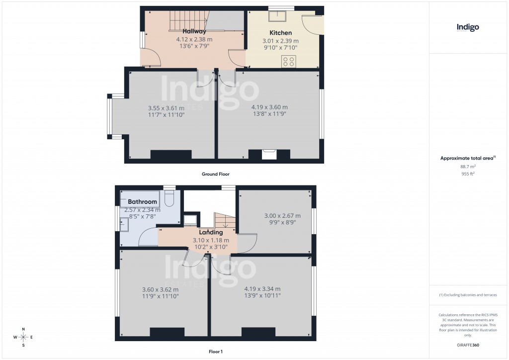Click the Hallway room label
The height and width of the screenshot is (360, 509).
pos(194,31)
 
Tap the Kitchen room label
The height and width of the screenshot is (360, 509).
pos(280,33)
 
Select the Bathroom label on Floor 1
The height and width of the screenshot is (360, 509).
pos(142,202)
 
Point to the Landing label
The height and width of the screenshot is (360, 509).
pos(211,232)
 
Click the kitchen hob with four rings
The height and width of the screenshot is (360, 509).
pos(289,61)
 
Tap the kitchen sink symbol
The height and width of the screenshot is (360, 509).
pos(275,16)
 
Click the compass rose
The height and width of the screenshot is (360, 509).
pos(23,337)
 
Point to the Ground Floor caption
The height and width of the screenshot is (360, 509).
pos(215,174)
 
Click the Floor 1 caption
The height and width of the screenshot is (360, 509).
pos(215,352)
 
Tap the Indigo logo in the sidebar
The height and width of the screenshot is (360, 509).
pos(468,28)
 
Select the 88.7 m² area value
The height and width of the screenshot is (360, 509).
pos(468,167)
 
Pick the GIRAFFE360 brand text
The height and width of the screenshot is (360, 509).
pos(468,345)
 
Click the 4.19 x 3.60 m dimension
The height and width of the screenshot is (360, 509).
pos(269,107)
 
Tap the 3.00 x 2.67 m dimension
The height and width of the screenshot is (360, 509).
pos(282,216)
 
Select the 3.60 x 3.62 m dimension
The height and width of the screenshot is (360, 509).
pos(160,289)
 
